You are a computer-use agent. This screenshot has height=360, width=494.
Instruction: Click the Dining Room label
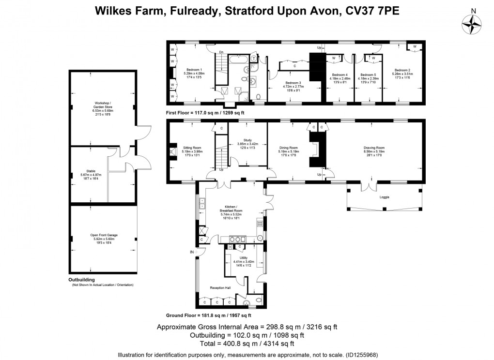pyautogui.click(x=288, y=148)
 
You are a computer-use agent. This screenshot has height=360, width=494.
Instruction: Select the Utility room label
pyautogui.click(x=244, y=258)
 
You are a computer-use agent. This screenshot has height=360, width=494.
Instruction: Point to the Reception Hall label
pyautogui.click(x=220, y=288)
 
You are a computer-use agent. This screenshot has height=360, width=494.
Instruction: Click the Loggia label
pyautogui.click(x=384, y=197)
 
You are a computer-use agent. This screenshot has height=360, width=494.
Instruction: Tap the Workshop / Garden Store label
pyautogui.click(x=103, y=105)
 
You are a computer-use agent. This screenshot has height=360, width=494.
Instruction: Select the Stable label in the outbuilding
pyautogui.click(x=91, y=171)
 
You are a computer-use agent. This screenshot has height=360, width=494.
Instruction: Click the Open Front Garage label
pyautogui.click(x=104, y=235)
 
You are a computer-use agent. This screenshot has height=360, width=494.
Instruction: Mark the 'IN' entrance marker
pyautogui.click(x=192, y=252)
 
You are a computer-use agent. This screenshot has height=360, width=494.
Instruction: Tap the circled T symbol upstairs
pyautogui.click(x=254, y=58)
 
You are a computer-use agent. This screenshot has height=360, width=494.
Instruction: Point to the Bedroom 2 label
pyautogui.click(x=403, y=69)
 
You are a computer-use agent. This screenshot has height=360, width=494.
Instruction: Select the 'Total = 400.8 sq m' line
pyautogui.click(x=247, y=344)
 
